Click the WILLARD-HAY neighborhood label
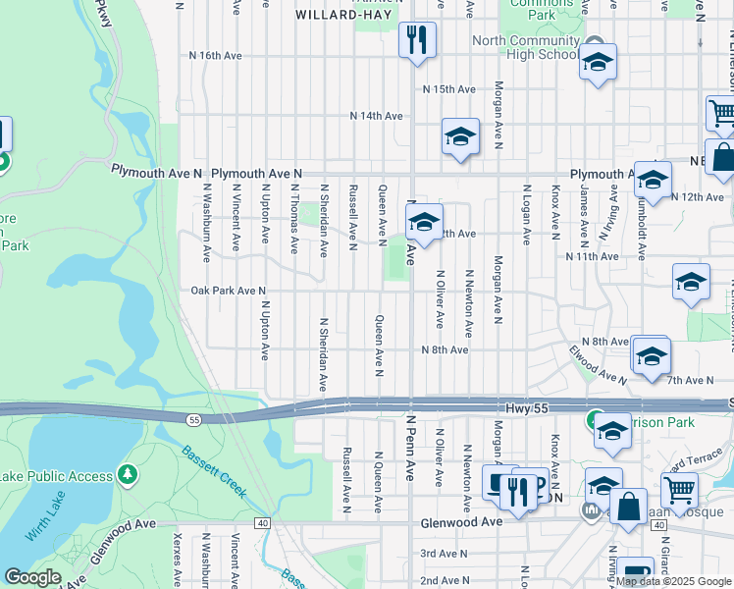[334, 16]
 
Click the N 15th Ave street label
[449, 89]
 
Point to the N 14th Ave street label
[378, 116]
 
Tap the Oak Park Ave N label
[229, 291]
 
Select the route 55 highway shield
[194, 419]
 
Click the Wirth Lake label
[43, 519]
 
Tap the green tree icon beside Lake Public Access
[127, 475]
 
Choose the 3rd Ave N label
[443, 554]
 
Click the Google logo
[31, 577]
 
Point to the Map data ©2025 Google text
[673, 581]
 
